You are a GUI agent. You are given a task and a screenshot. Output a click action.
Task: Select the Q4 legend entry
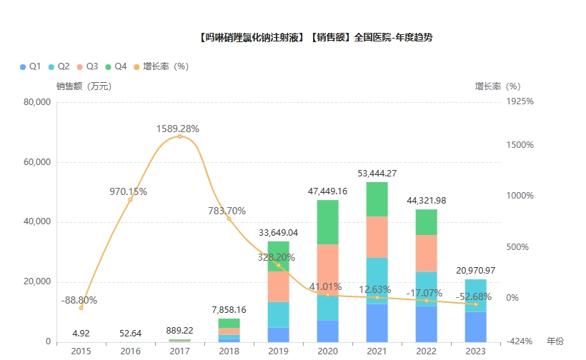114,66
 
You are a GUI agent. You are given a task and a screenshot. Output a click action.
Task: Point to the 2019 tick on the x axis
279,351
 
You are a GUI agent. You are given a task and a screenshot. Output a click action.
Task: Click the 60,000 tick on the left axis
36,162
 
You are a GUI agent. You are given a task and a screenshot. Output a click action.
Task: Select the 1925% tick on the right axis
520,102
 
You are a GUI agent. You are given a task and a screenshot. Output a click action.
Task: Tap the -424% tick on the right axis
520,341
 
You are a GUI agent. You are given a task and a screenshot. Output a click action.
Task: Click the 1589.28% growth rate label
178,129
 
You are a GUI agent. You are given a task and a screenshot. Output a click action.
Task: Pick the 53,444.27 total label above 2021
377,173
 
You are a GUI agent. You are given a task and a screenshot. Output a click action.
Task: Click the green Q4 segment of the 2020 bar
328,221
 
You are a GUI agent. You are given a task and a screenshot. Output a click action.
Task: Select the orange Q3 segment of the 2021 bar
377,237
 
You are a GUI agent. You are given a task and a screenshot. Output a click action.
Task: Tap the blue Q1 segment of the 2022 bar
426,323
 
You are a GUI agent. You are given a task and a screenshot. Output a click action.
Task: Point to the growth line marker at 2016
130,199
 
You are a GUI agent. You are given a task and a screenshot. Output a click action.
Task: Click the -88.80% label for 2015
79,300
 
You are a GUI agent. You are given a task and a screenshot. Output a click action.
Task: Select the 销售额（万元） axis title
84,86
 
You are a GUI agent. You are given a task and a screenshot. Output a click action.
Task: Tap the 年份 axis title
555,341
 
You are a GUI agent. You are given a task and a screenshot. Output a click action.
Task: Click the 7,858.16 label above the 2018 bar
229,310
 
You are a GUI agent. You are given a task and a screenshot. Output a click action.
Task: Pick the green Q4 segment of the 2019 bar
279,256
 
